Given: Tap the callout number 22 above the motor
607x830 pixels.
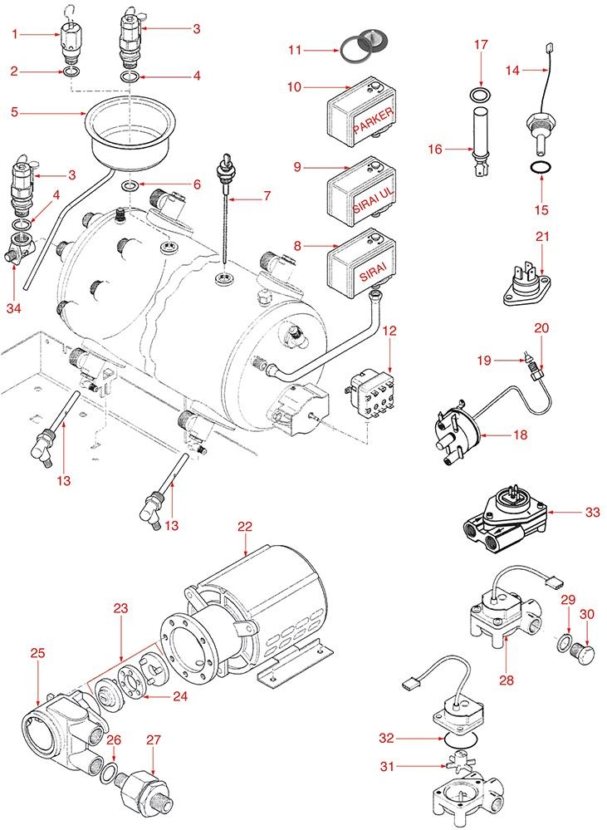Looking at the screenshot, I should pyautogui.click(x=245, y=527).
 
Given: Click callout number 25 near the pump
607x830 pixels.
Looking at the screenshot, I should pyautogui.click(x=37, y=655).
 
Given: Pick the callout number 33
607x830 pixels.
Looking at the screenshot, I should pyautogui.click(x=592, y=513).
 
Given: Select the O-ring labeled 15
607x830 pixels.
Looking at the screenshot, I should pyautogui.click(x=541, y=169).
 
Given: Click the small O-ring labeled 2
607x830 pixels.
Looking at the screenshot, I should pyautogui.click(x=71, y=73).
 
